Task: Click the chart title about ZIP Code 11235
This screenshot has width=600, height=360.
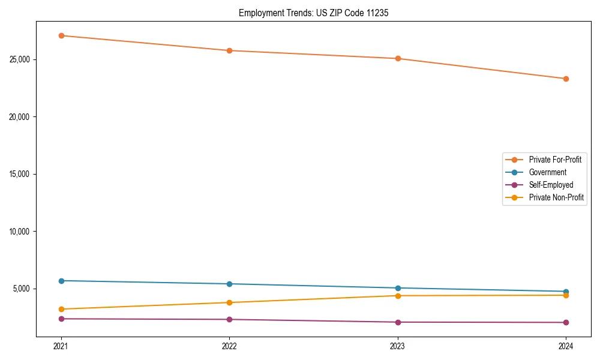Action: click(313, 13)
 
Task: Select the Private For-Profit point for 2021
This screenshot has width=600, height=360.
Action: click(61, 35)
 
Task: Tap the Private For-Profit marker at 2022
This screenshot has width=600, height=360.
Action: click(229, 50)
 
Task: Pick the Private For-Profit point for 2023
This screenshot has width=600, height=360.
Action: click(398, 58)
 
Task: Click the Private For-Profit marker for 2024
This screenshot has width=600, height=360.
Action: click(566, 79)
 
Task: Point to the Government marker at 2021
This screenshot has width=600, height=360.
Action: click(61, 281)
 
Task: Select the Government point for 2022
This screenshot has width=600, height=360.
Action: click(229, 284)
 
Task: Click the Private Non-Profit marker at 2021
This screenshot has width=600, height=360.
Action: click(61, 309)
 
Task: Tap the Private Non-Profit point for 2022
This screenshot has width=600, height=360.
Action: click(229, 302)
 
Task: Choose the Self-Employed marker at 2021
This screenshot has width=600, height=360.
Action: click(61, 319)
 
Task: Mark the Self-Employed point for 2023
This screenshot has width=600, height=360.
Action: click(398, 322)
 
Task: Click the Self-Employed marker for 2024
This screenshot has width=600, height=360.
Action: click(566, 323)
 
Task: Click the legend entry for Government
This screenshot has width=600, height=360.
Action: click(547, 172)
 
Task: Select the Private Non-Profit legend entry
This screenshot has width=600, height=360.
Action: click(556, 197)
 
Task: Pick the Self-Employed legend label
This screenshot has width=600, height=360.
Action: click(551, 185)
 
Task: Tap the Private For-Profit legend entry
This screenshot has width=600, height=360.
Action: click(555, 160)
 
